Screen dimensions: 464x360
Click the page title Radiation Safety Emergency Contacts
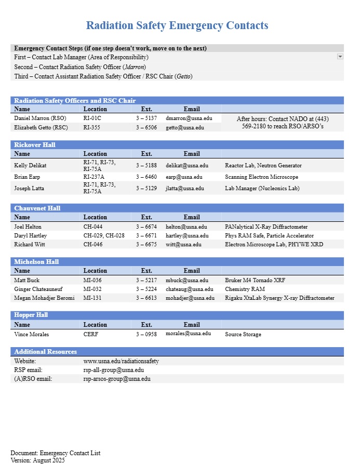[177, 25]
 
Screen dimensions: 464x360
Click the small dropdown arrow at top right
[340, 56]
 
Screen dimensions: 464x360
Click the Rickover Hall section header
[35, 144]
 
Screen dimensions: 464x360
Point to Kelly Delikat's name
[30, 165]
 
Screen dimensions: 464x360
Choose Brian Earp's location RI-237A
[94, 177]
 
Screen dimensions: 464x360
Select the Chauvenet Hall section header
[37, 208]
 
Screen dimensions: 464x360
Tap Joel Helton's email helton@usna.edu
[186, 227]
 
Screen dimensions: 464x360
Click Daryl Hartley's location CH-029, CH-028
[104, 235]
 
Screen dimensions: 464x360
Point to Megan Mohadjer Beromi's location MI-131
[92, 298]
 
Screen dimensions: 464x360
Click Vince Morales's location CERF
[90, 334]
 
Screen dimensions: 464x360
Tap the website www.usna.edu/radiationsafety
[121, 361]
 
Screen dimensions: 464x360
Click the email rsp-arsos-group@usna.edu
[117, 379]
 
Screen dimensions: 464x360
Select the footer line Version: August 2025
[37, 460]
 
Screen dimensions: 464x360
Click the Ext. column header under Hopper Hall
[146, 325]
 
